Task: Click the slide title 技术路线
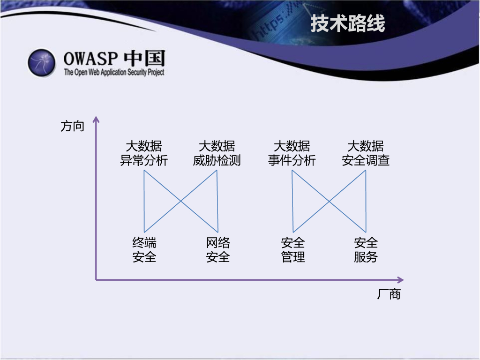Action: pyautogui.click(x=347, y=24)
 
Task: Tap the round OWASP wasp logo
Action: pyautogui.click(x=42, y=62)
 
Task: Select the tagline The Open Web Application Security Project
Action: pyautogui.click(x=114, y=72)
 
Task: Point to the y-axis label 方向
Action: pyautogui.click(x=72, y=126)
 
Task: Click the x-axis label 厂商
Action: pyautogui.click(x=389, y=294)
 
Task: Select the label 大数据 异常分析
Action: pyautogui.click(x=144, y=153)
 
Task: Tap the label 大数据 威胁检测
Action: pyautogui.click(x=217, y=153)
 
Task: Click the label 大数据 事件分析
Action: pyautogui.click(x=292, y=153)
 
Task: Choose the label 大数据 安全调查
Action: pyautogui.click(x=366, y=153)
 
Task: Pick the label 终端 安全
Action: pyautogui.click(x=144, y=250)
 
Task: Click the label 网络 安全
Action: pyautogui.click(x=218, y=250)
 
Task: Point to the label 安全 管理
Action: pyautogui.click(x=293, y=250)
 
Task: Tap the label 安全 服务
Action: pyautogui.click(x=366, y=250)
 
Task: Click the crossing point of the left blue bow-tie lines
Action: pyautogui.click(x=180, y=201)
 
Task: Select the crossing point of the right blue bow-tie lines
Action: pyautogui.click(x=329, y=201)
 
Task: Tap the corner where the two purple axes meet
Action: pyautogui.click(x=96, y=280)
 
